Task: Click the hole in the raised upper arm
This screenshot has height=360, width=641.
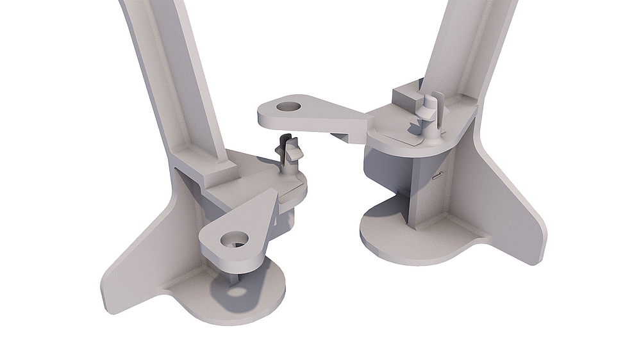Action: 290,104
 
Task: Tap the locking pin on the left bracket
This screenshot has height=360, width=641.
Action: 290,156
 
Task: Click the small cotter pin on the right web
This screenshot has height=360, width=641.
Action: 438,175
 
